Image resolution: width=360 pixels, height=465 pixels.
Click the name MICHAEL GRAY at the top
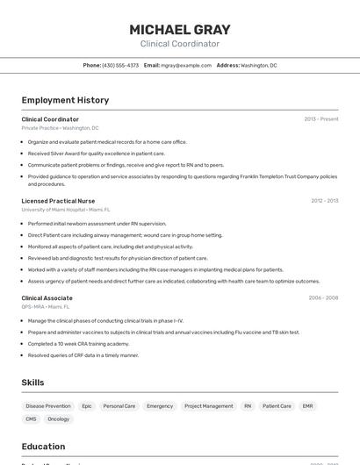click(x=179, y=29)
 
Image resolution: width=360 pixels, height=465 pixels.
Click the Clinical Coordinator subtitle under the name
click(x=179, y=44)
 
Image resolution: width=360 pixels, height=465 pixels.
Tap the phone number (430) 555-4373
click(x=120, y=65)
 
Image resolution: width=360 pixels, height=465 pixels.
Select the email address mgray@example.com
click(x=186, y=65)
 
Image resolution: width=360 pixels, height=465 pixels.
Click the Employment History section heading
click(x=65, y=100)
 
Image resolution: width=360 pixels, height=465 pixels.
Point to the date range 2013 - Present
click(x=320, y=118)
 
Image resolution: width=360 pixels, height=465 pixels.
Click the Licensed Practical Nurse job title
click(x=58, y=201)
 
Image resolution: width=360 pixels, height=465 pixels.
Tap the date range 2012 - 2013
click(x=324, y=201)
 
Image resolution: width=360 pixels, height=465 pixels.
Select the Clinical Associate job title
click(x=47, y=298)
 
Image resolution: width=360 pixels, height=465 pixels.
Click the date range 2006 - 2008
click(x=323, y=298)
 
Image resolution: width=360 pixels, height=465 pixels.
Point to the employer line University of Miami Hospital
click(x=65, y=210)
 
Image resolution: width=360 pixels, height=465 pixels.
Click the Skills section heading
click(x=32, y=383)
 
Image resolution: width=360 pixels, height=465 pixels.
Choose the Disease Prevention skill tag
click(x=48, y=406)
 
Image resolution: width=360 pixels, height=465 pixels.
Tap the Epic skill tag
click(x=87, y=406)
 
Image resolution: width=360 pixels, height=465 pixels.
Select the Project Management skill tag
click(x=209, y=406)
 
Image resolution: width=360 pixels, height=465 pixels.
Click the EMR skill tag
click(x=307, y=406)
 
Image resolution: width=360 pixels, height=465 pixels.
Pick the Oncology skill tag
click(x=59, y=419)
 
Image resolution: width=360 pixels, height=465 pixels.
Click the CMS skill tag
click(x=31, y=419)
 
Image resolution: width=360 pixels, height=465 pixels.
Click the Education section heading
click(x=43, y=447)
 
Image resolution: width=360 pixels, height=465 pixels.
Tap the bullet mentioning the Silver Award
click(x=96, y=154)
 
